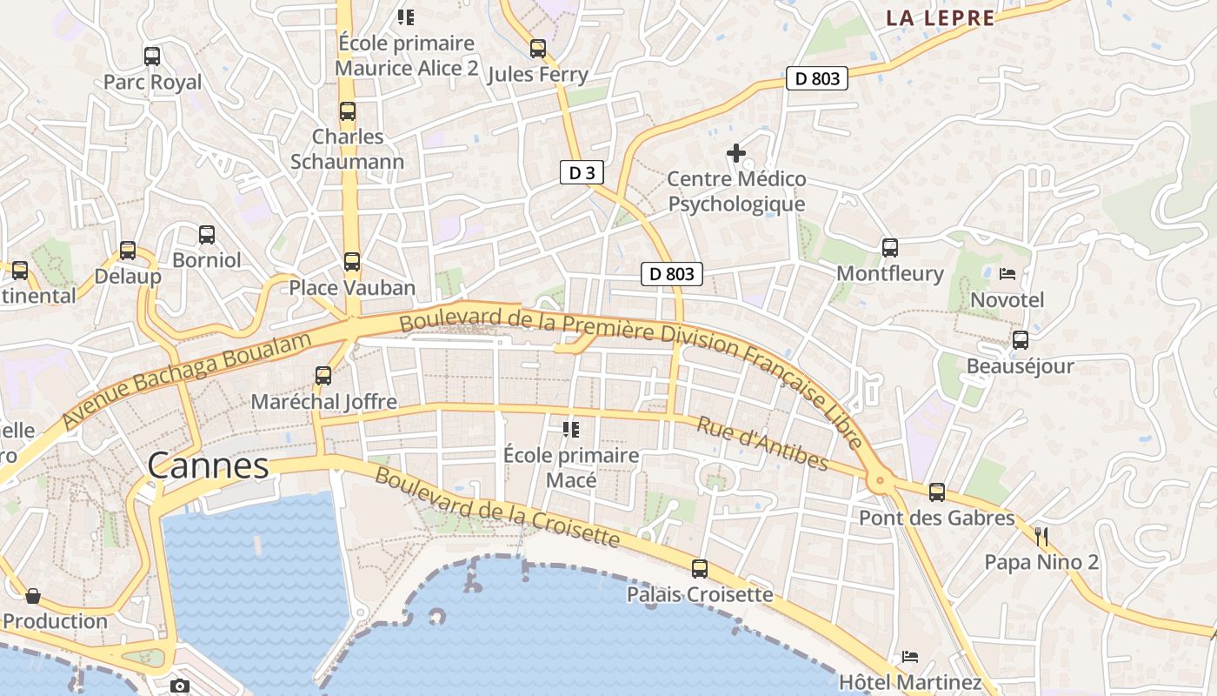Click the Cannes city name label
(x=208, y=466)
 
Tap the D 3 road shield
(x=581, y=173)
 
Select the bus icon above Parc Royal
(x=152, y=57)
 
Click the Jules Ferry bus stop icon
(x=538, y=49)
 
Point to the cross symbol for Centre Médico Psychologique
(x=736, y=154)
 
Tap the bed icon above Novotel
(x=1008, y=274)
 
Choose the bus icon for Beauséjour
(x=1020, y=340)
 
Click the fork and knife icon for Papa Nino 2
(x=1041, y=536)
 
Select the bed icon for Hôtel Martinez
(x=910, y=656)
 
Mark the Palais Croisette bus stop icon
(x=700, y=569)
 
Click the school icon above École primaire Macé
(x=570, y=429)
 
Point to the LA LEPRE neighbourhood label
(x=940, y=18)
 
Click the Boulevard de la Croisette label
(x=497, y=508)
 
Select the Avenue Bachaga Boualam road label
(x=187, y=381)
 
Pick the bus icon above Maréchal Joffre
(x=323, y=376)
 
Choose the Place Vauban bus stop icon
(x=351, y=262)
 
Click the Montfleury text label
(x=889, y=274)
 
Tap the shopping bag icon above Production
(x=33, y=596)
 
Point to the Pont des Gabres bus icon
(x=936, y=492)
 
